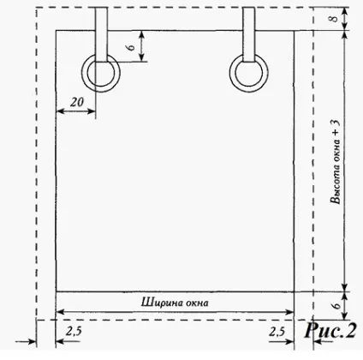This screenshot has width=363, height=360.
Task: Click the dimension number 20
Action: (x=77, y=102)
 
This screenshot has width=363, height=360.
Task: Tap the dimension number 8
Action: (x=335, y=19)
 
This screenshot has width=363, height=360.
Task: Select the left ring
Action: (x=101, y=73)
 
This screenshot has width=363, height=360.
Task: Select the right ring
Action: (x=249, y=73)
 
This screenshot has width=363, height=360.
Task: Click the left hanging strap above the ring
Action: (x=101, y=34)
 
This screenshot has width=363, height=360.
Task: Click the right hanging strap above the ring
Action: (x=248, y=34)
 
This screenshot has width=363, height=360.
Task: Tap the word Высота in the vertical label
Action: (x=336, y=185)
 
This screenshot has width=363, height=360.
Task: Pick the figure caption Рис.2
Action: (x=330, y=331)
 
